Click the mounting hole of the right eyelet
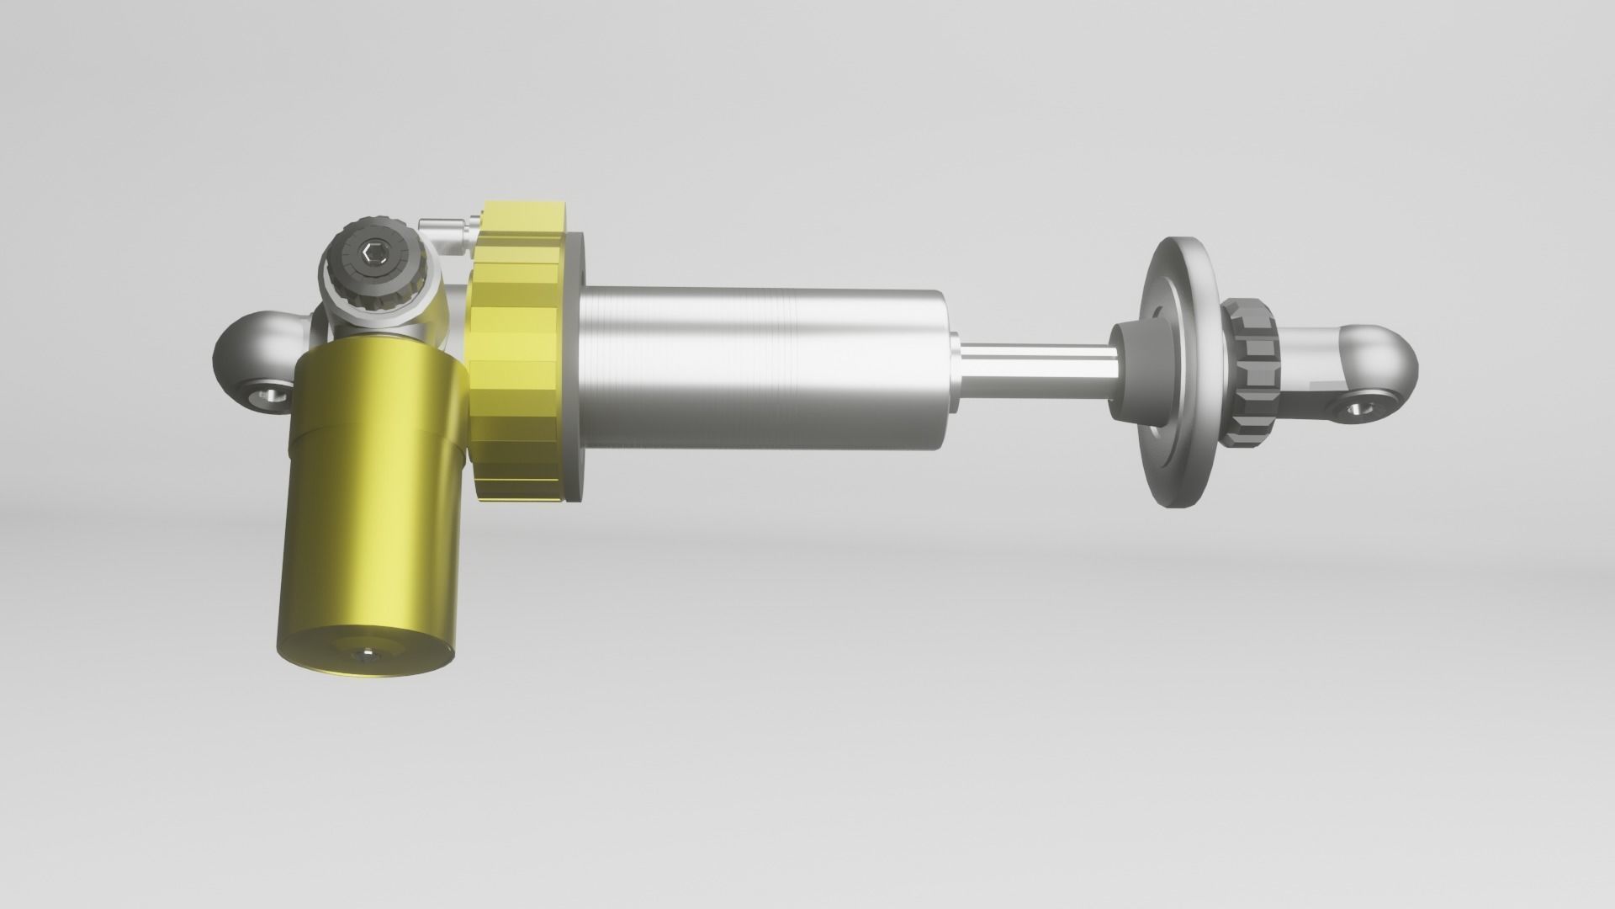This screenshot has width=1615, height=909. (1355, 409)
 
